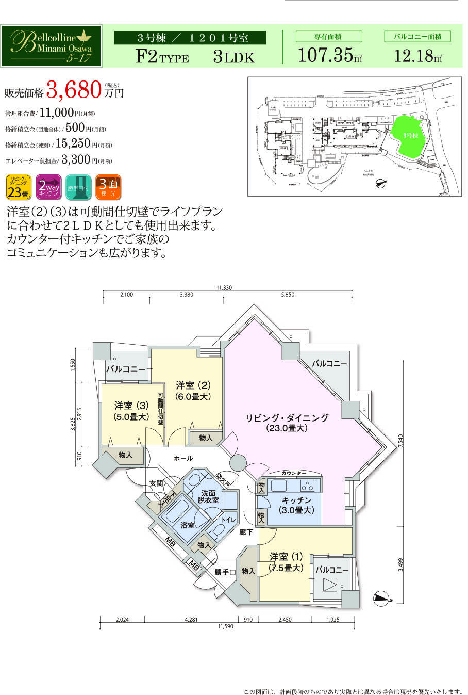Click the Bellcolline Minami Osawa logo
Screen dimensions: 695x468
[51, 45]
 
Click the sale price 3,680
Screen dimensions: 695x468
[73, 90]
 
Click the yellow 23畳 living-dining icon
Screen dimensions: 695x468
[18, 187]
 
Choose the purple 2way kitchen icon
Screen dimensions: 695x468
[48, 187]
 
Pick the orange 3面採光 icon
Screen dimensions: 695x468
[108, 187]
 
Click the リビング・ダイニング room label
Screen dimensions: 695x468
[287, 418]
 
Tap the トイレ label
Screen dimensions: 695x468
[228, 520]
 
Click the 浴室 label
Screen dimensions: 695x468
[187, 525]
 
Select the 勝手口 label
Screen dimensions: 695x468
[225, 572]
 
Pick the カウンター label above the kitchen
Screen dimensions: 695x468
[294, 473]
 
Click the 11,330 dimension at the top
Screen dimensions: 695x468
[225, 288]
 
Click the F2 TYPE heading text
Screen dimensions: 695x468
[162, 56]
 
